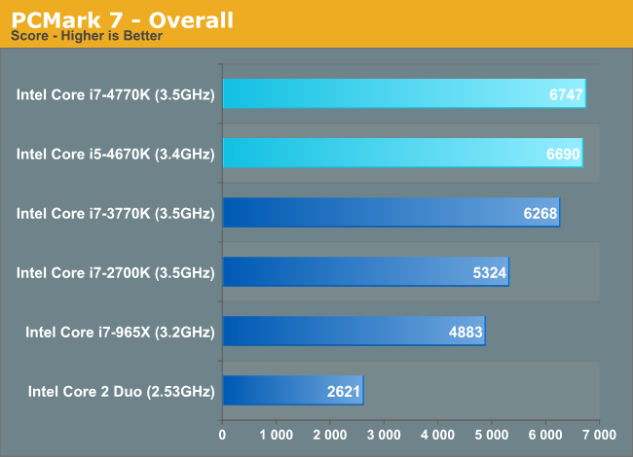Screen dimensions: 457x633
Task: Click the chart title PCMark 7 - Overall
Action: (123, 19)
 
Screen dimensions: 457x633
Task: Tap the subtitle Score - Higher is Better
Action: (86, 37)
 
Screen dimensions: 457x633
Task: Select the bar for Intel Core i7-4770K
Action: (403, 94)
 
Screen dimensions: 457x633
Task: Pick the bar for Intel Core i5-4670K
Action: (402, 154)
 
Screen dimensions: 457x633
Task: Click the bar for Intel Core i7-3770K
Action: (391, 212)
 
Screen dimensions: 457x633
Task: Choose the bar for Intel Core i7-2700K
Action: (365, 272)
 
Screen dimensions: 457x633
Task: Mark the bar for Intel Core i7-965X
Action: (354, 332)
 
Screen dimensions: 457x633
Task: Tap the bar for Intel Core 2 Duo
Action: (292, 391)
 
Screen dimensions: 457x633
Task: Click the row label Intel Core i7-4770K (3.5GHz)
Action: (115, 95)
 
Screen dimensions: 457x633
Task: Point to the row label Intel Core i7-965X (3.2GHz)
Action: (120, 333)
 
